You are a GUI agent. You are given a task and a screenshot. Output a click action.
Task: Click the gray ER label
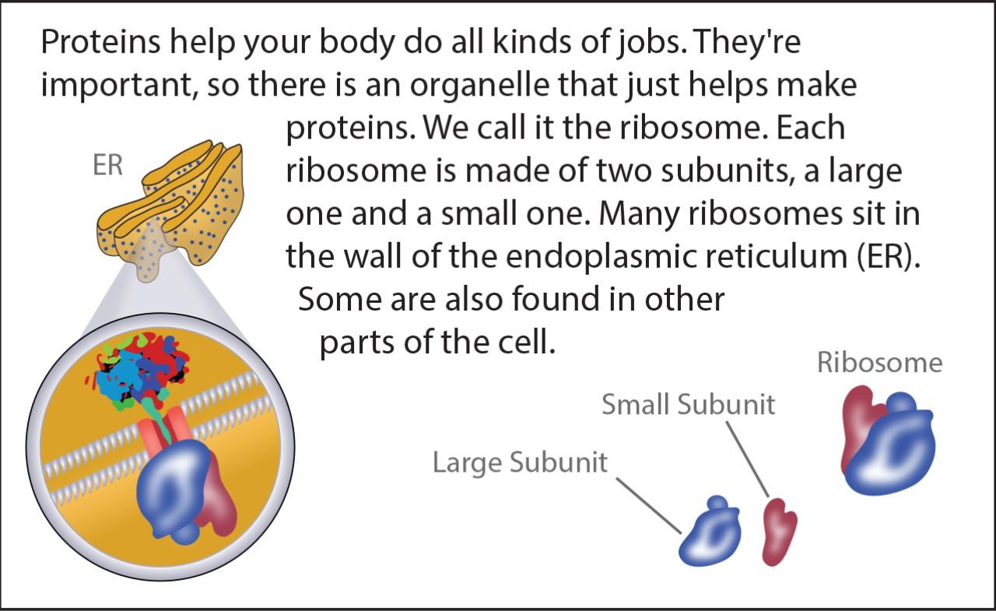tap(107, 165)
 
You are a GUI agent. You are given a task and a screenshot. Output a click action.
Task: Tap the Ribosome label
tap(880, 363)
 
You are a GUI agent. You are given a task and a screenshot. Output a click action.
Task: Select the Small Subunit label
tap(689, 404)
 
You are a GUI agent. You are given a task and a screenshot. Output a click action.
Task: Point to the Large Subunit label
tap(520, 462)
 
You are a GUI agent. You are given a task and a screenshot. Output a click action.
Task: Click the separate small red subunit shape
tap(779, 532)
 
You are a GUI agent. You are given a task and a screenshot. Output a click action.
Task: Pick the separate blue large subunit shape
tap(710, 532)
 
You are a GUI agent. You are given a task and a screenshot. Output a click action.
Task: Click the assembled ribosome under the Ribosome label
tap(888, 441)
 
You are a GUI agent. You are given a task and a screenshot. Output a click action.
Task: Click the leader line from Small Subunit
tap(748, 459)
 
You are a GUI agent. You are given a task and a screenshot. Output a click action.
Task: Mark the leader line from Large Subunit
tap(649, 506)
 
